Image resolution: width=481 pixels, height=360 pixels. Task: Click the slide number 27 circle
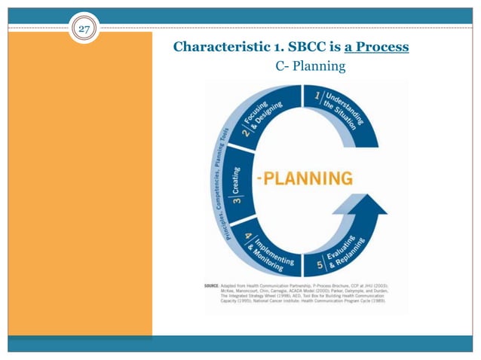(84, 29)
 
